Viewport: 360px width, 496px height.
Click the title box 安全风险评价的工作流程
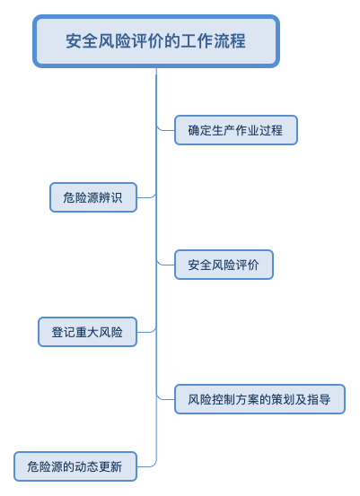coord(156,41)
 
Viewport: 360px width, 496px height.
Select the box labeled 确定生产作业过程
coord(236,130)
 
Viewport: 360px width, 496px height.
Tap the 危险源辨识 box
coord(93,197)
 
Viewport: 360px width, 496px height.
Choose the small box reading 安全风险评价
coord(224,265)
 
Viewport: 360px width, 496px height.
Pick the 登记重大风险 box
coord(87,332)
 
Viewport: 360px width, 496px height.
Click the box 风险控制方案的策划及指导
coord(259,399)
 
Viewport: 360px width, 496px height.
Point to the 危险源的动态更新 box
coord(75,466)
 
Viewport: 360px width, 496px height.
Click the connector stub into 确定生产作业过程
coord(165,129)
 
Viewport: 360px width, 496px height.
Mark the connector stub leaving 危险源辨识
coord(146,196)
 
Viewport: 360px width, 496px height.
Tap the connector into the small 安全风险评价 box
coord(165,264)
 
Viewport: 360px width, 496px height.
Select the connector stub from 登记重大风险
coord(146,331)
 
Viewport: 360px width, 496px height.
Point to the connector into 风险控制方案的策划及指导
coord(165,398)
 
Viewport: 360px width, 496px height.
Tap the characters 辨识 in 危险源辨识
coord(110,197)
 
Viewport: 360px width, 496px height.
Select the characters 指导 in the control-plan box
coord(319,399)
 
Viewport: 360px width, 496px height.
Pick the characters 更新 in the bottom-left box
coord(110,467)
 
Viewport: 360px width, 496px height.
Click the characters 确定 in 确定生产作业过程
coord(200,130)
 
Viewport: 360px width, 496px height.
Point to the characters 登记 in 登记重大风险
coord(64,332)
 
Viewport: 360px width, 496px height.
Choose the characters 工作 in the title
coord(197,41)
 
